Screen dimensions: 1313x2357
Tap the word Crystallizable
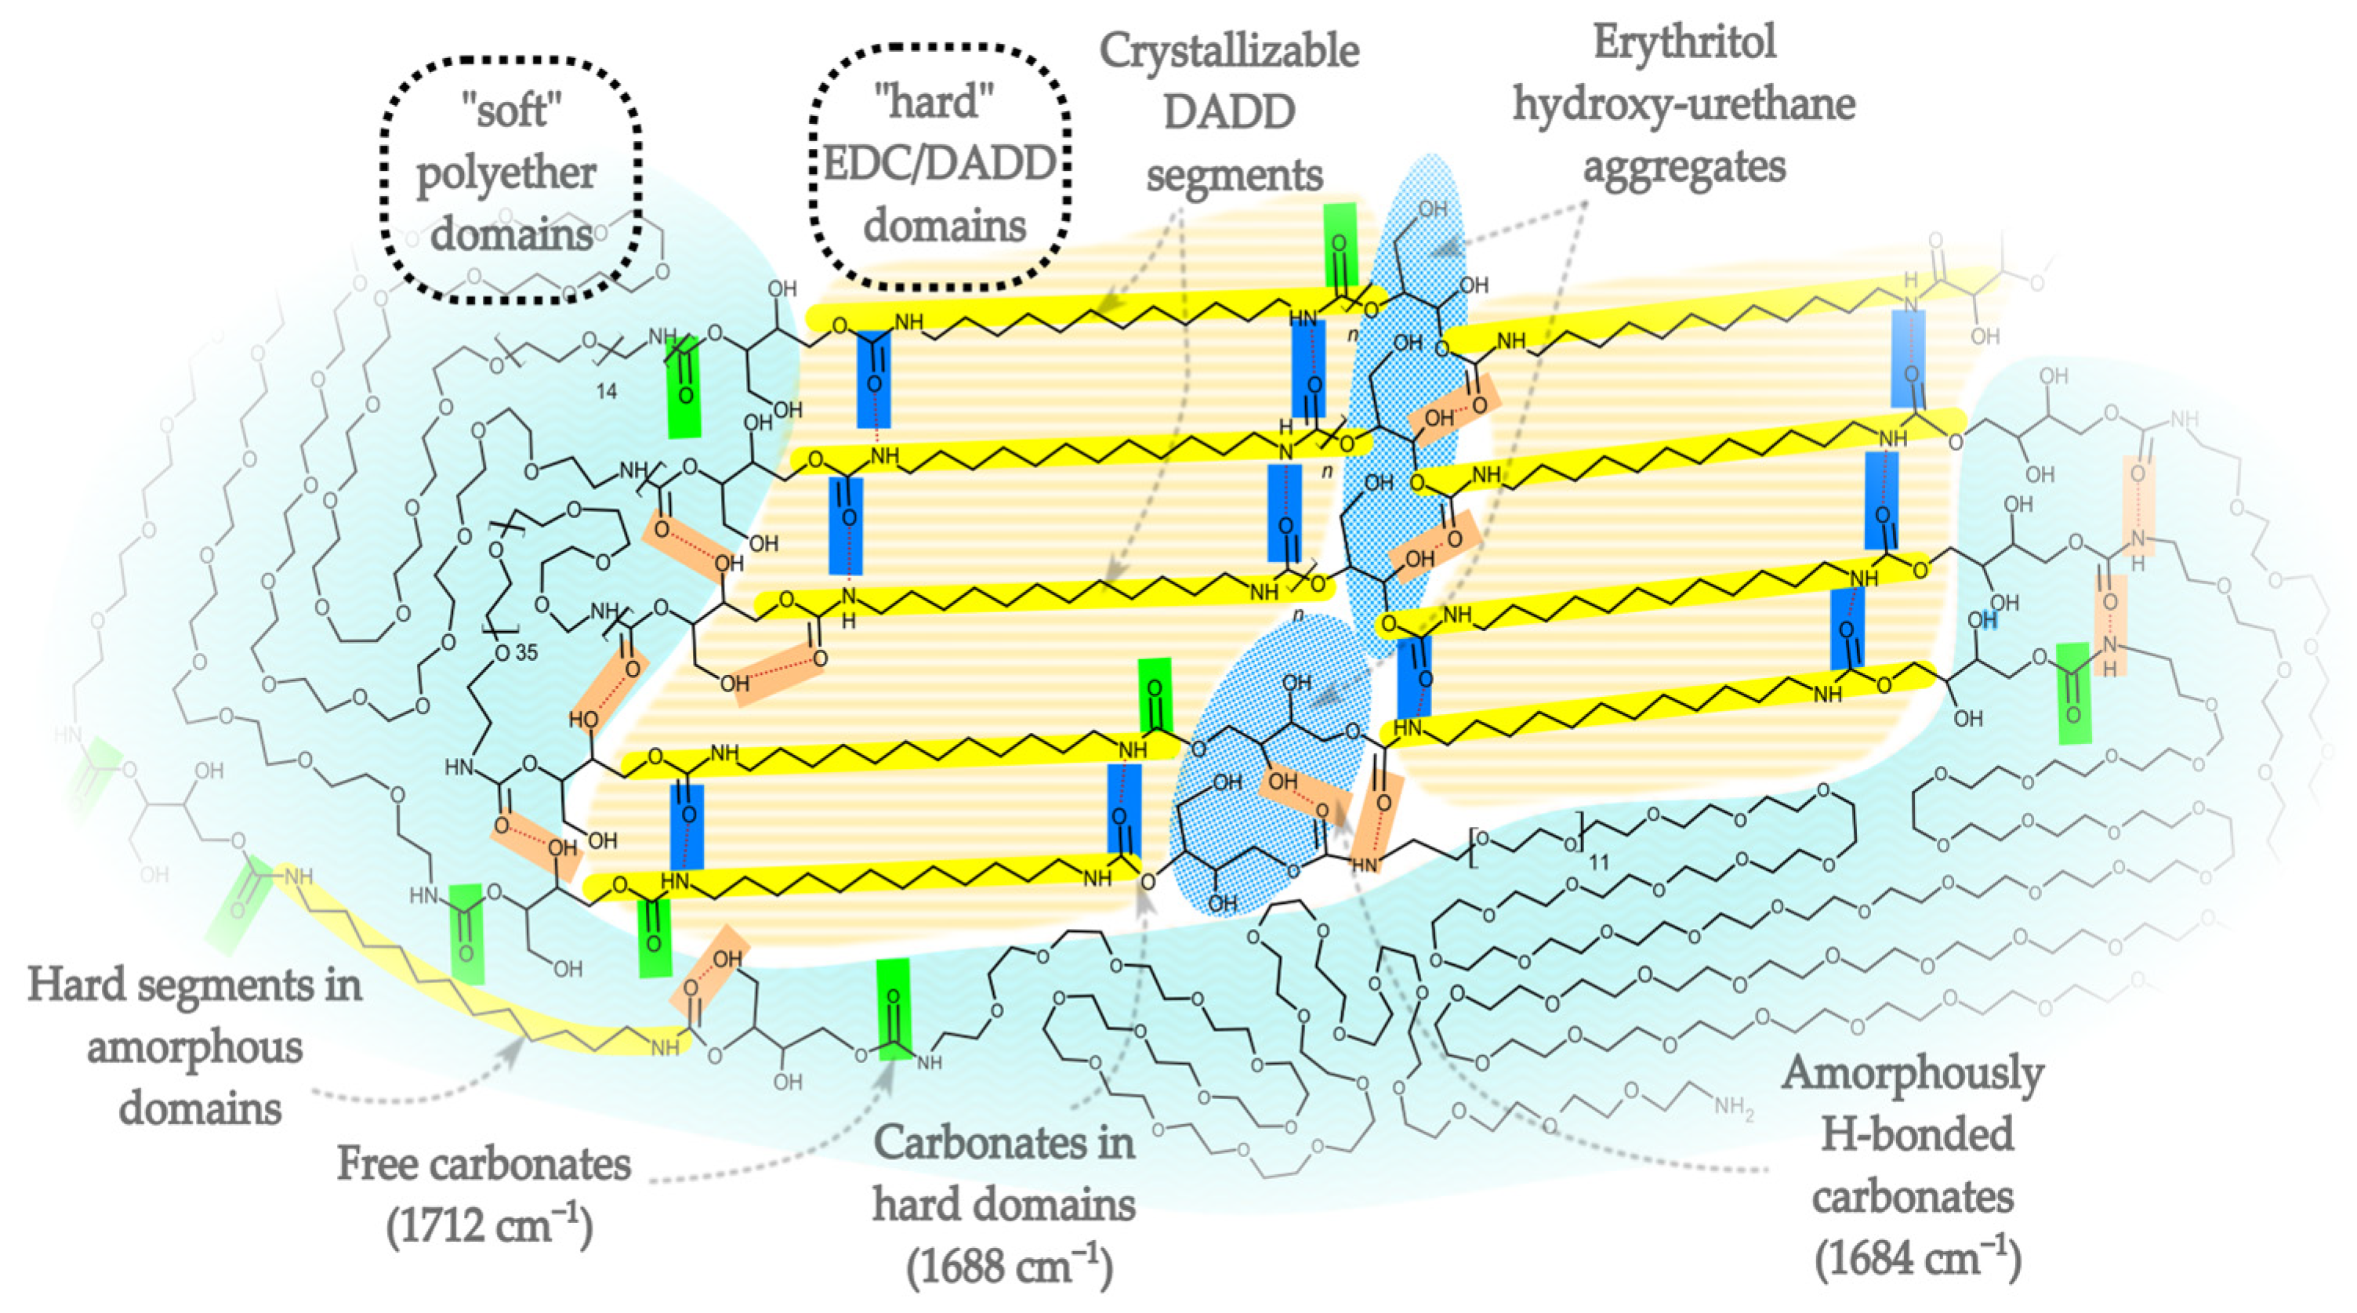tap(1229, 51)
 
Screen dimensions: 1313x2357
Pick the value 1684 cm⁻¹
tap(1917, 1259)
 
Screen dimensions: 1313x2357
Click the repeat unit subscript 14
tap(606, 392)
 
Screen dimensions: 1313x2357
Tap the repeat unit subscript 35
tap(526, 653)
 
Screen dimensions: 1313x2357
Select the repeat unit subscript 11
tap(1597, 862)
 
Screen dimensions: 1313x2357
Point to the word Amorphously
tap(1912, 1073)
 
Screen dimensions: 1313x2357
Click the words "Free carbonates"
tap(484, 1165)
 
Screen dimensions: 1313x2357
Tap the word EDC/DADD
tap(940, 165)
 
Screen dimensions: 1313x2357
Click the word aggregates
tap(1684, 166)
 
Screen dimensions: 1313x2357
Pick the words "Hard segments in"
tap(195, 985)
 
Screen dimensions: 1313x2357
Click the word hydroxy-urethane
tap(1684, 104)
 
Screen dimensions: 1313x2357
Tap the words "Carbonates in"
tap(1004, 1143)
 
